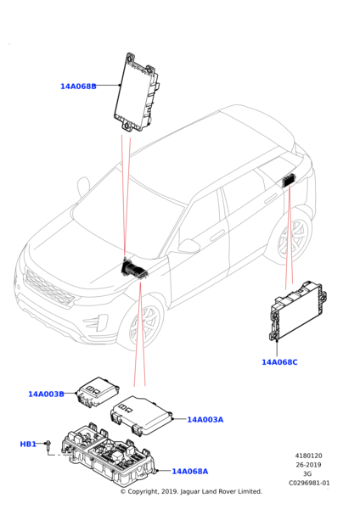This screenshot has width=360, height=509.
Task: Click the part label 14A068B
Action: click(78, 87)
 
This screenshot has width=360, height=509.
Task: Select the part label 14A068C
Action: click(279, 362)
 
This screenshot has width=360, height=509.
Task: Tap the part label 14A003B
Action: click(46, 394)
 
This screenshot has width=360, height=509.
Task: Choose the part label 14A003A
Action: click(205, 420)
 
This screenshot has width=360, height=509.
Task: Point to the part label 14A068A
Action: click(189, 472)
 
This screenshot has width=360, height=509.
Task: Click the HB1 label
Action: click(28, 444)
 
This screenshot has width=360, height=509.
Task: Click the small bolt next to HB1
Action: click(48, 445)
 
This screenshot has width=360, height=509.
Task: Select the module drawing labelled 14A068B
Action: click(137, 92)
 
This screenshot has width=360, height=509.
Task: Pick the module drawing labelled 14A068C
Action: click(297, 311)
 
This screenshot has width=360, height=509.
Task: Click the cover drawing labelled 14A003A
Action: click(141, 415)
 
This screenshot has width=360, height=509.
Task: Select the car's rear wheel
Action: click(293, 236)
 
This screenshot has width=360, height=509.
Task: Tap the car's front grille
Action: click(49, 288)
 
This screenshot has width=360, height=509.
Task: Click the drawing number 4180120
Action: click(308, 456)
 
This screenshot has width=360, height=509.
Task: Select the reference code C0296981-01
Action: click(309, 483)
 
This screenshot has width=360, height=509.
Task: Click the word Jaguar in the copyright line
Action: click(190, 491)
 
